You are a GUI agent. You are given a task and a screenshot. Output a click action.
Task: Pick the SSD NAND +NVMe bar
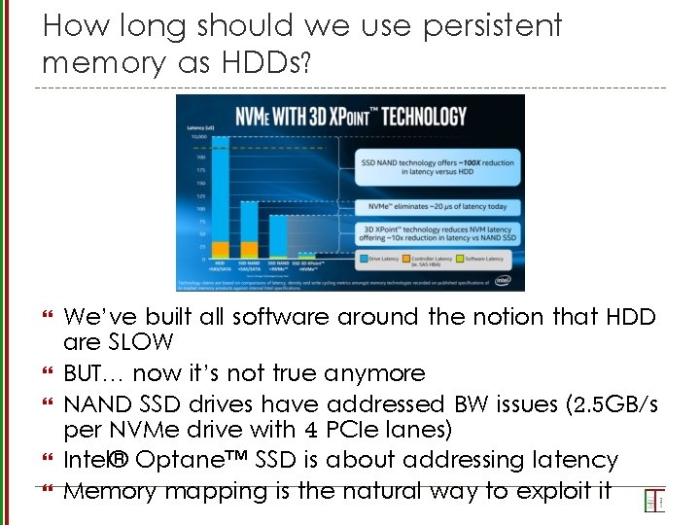(x=278, y=237)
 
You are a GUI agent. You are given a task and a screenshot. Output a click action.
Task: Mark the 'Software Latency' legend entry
(x=485, y=259)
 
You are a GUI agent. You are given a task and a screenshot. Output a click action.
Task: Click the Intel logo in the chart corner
(x=504, y=279)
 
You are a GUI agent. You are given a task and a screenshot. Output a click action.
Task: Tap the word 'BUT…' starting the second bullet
(x=94, y=373)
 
